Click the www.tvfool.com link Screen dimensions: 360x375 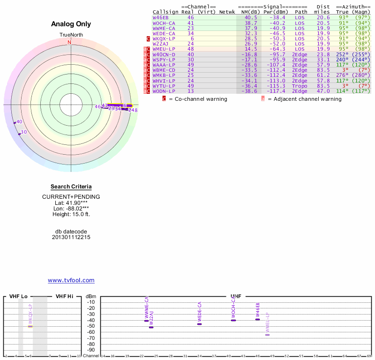pyautogui.click(x=71, y=280)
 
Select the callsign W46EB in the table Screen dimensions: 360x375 pyautogui.click(x=161, y=17)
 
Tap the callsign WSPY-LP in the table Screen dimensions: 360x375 pyautogui.click(x=164, y=60)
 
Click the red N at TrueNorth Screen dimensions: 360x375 pyautogui.click(x=70, y=42)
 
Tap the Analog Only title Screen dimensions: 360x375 pyautogui.click(x=71, y=24)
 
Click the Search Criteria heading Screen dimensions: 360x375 pyautogui.click(x=71, y=187)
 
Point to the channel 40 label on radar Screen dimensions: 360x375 pyautogui.click(x=19, y=122)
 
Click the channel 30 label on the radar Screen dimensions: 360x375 pyautogui.click(x=24, y=132)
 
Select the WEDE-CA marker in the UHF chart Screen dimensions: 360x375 pyautogui.click(x=199, y=324)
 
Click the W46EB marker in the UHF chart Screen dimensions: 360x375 pyautogui.click(x=257, y=319)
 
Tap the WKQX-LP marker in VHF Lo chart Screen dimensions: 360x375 pyautogui.click(x=30, y=326)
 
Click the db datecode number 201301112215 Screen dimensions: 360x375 pyautogui.click(x=71, y=237)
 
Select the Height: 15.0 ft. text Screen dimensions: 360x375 pyautogui.click(x=71, y=214)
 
